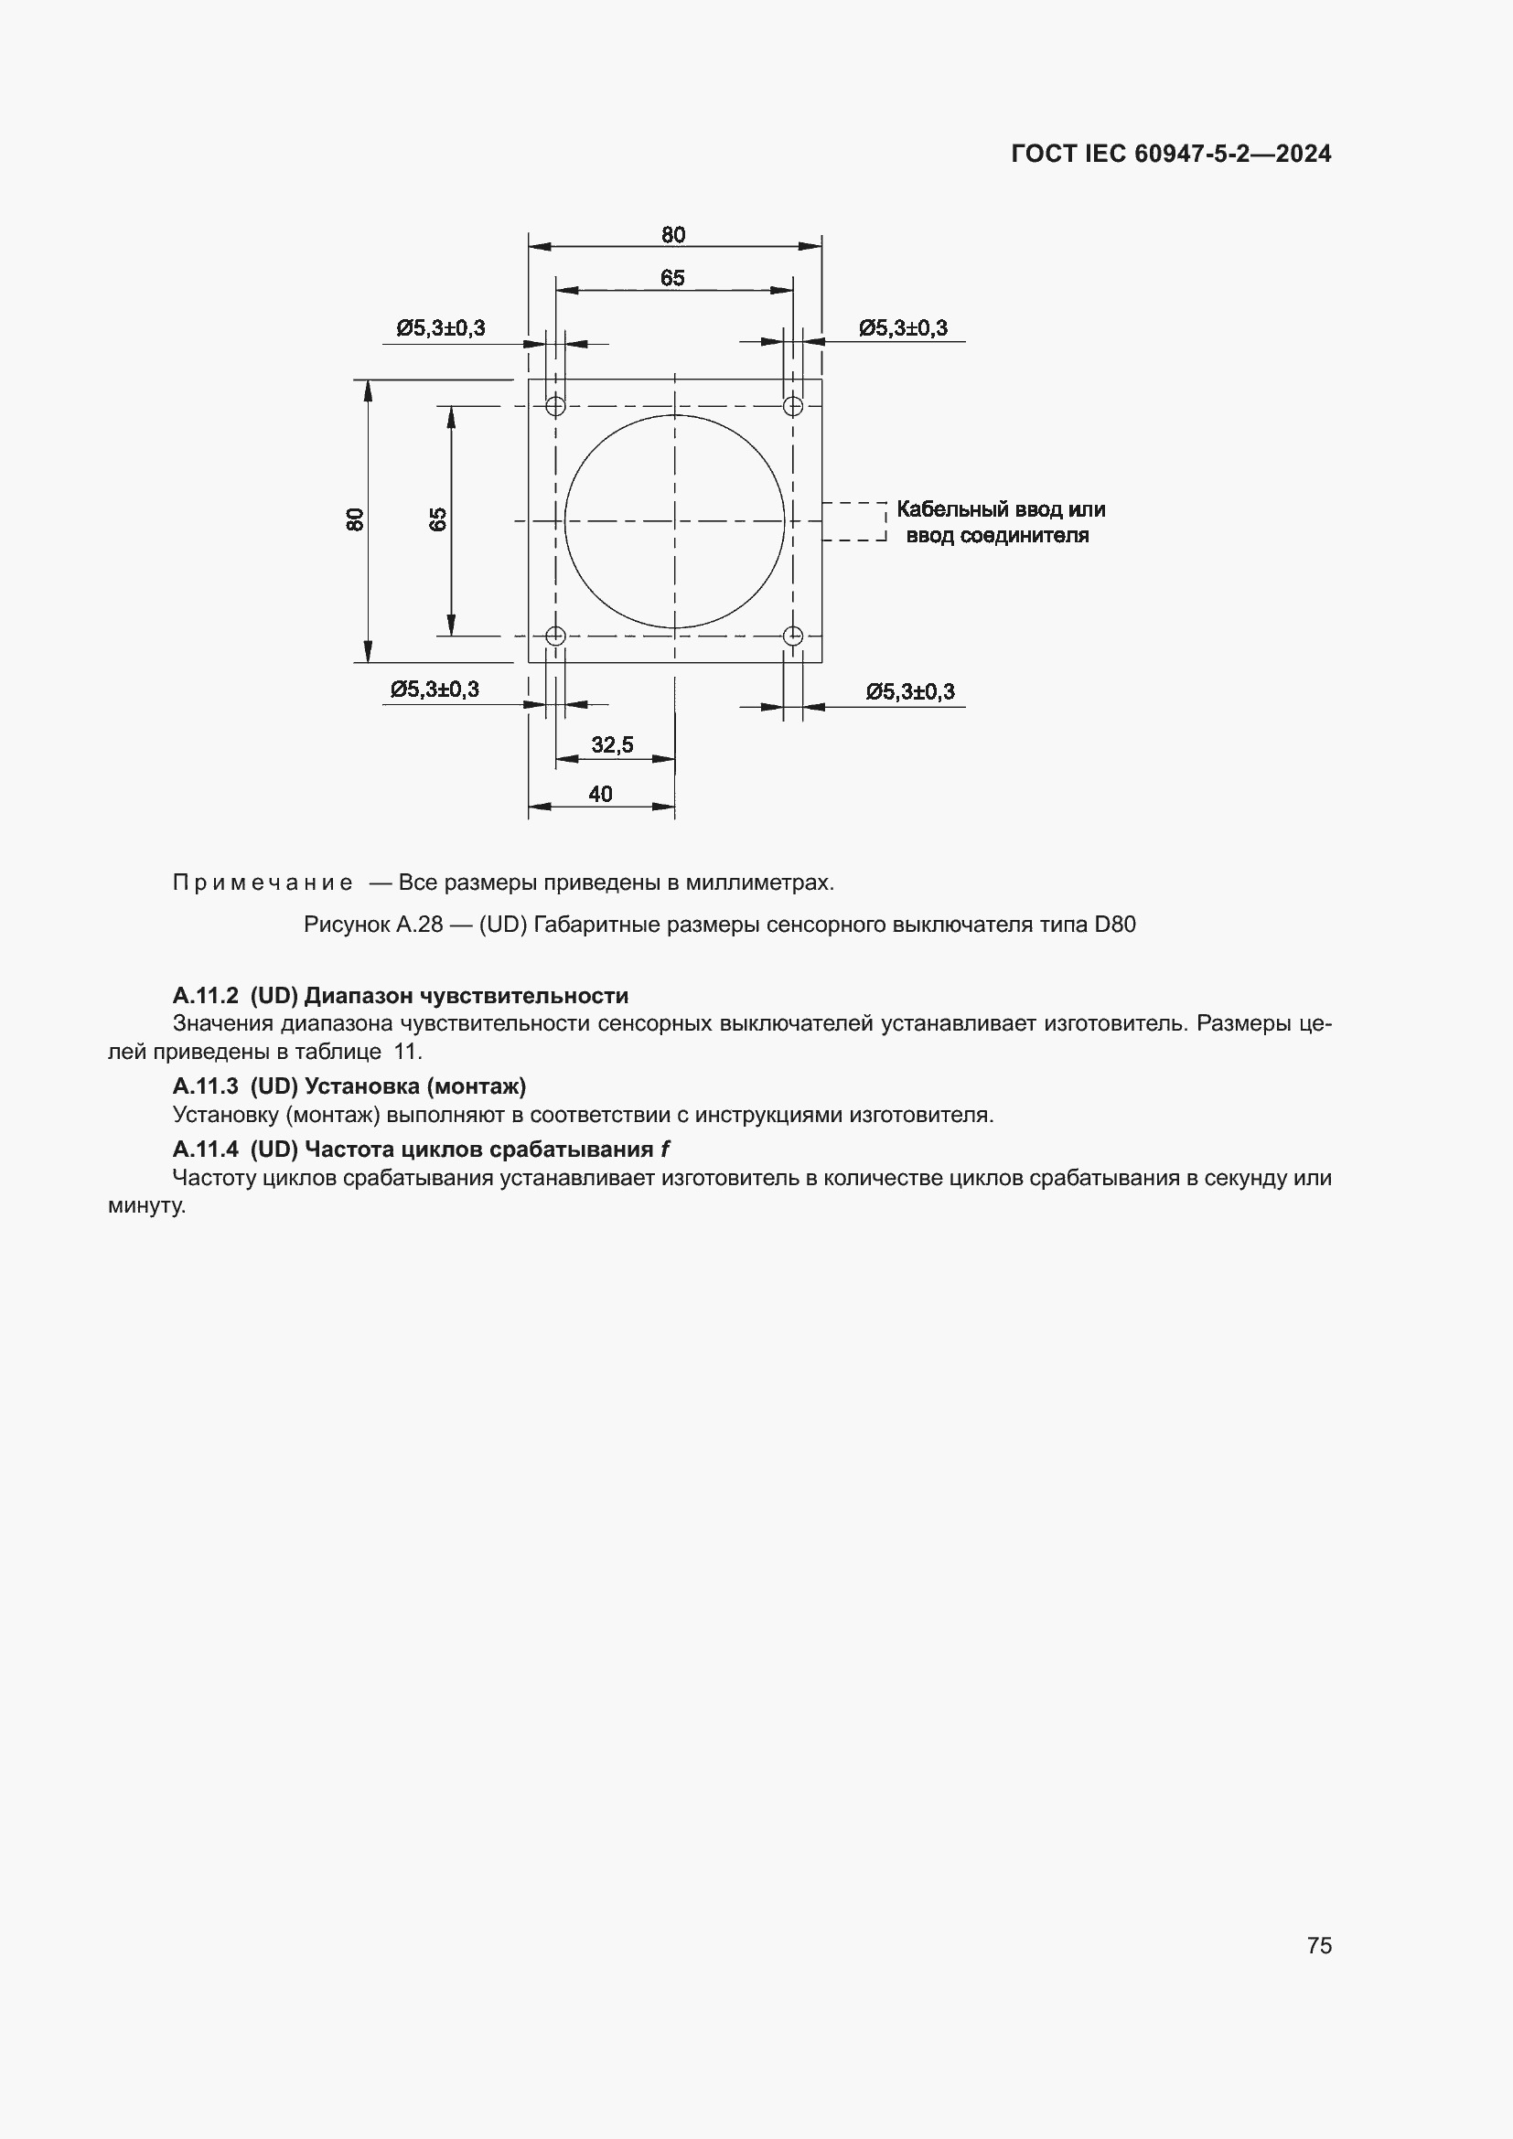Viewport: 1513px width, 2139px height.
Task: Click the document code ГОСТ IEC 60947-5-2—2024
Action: pos(1170,154)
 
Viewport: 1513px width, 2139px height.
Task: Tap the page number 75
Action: pos(1319,1945)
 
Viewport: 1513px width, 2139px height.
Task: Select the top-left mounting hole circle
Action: pos(555,406)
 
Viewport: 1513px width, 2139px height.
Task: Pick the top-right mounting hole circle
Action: pos(793,406)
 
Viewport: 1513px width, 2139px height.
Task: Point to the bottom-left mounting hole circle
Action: pos(555,636)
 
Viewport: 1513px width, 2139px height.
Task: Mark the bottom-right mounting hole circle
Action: pos(793,636)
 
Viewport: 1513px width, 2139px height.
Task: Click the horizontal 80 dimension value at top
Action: pos(672,235)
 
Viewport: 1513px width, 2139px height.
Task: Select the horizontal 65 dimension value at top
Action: pos(671,278)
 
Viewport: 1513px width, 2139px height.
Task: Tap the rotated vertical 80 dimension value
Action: pos(355,519)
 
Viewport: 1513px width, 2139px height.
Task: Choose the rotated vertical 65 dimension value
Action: pos(438,519)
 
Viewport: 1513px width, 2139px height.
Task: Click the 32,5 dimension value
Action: pos(612,744)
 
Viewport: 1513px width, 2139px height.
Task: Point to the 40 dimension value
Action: pos(600,794)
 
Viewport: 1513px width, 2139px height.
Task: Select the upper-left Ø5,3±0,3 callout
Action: pos(441,328)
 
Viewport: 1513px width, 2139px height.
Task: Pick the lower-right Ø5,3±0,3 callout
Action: pos(910,691)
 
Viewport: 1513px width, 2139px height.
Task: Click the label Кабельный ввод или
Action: pos(1001,509)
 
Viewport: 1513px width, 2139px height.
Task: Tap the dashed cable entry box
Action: pos(853,521)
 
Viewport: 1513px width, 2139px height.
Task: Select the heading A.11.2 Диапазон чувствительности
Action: pos(401,996)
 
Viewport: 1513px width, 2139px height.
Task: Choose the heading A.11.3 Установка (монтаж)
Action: pos(349,1086)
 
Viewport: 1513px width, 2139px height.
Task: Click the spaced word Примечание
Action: pos(263,882)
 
